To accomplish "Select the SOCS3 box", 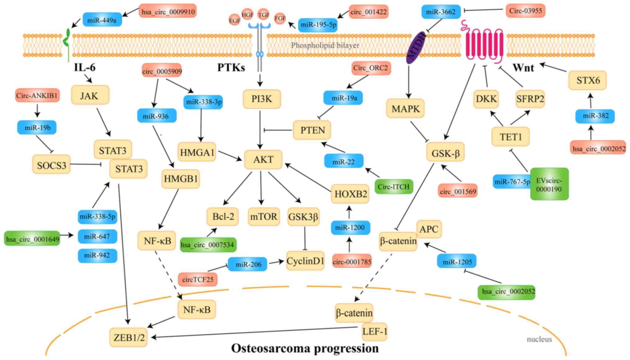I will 51,165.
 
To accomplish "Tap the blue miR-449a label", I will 102,20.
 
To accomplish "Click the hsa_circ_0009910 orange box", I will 168,11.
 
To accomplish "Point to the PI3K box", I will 262,99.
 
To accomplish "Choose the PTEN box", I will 312,130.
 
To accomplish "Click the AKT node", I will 263,160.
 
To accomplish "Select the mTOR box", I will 263,216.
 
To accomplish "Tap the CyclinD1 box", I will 305,261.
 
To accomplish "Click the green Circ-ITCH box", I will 394,187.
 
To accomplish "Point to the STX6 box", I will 588,80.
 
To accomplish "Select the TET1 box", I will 511,137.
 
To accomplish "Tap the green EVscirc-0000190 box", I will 549,184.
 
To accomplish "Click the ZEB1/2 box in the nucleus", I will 129,337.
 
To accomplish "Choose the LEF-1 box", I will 375,331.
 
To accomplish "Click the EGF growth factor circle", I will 235,20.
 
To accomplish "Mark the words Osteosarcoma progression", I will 305,348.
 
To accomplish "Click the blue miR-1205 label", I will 457,262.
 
